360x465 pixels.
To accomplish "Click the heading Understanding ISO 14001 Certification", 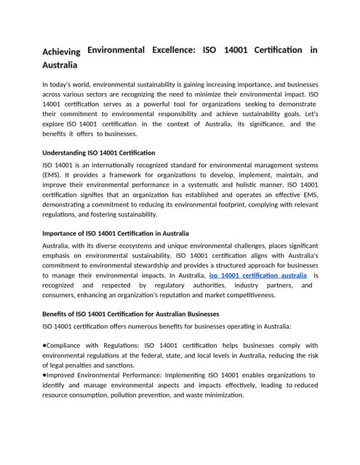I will pos(98,153).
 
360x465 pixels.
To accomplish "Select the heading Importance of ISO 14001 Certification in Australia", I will pos(116,233).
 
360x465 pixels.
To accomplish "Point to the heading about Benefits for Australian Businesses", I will pos(130,314).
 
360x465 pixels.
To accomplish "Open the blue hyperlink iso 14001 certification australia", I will pos(257,276).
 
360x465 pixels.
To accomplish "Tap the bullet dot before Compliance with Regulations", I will pos(45,345).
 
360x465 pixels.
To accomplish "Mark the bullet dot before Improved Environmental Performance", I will pos(45,375).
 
